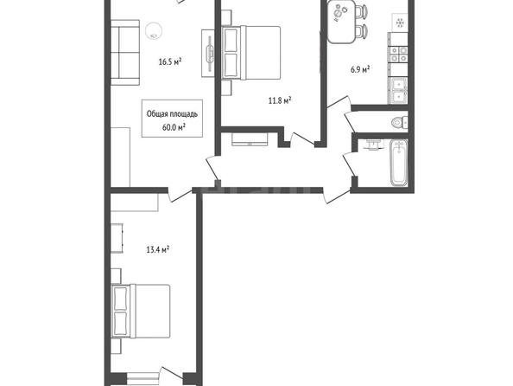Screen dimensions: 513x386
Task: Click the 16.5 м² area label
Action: (170, 61)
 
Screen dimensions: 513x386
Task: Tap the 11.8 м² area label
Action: (280, 100)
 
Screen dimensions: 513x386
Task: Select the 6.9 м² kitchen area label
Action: (360, 69)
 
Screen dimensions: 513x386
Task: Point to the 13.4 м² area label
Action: (158, 250)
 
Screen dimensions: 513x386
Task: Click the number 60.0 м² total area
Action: (174, 127)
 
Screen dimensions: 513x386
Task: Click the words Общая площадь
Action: (172, 114)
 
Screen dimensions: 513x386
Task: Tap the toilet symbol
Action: (400, 123)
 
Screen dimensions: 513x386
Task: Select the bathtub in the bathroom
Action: (399, 162)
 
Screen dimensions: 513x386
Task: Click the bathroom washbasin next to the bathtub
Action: (372, 145)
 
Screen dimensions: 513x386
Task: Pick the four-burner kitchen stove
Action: (398, 55)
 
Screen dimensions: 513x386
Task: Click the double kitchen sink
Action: (398, 91)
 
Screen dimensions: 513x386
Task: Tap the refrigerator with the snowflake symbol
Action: (400, 23)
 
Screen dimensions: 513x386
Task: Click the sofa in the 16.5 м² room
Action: (125, 53)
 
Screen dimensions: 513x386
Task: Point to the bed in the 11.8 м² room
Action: (251, 53)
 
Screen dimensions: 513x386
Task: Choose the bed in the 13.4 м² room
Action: (141, 311)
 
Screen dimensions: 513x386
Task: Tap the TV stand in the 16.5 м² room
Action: (208, 54)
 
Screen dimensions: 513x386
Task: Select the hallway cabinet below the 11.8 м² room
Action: (250, 139)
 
